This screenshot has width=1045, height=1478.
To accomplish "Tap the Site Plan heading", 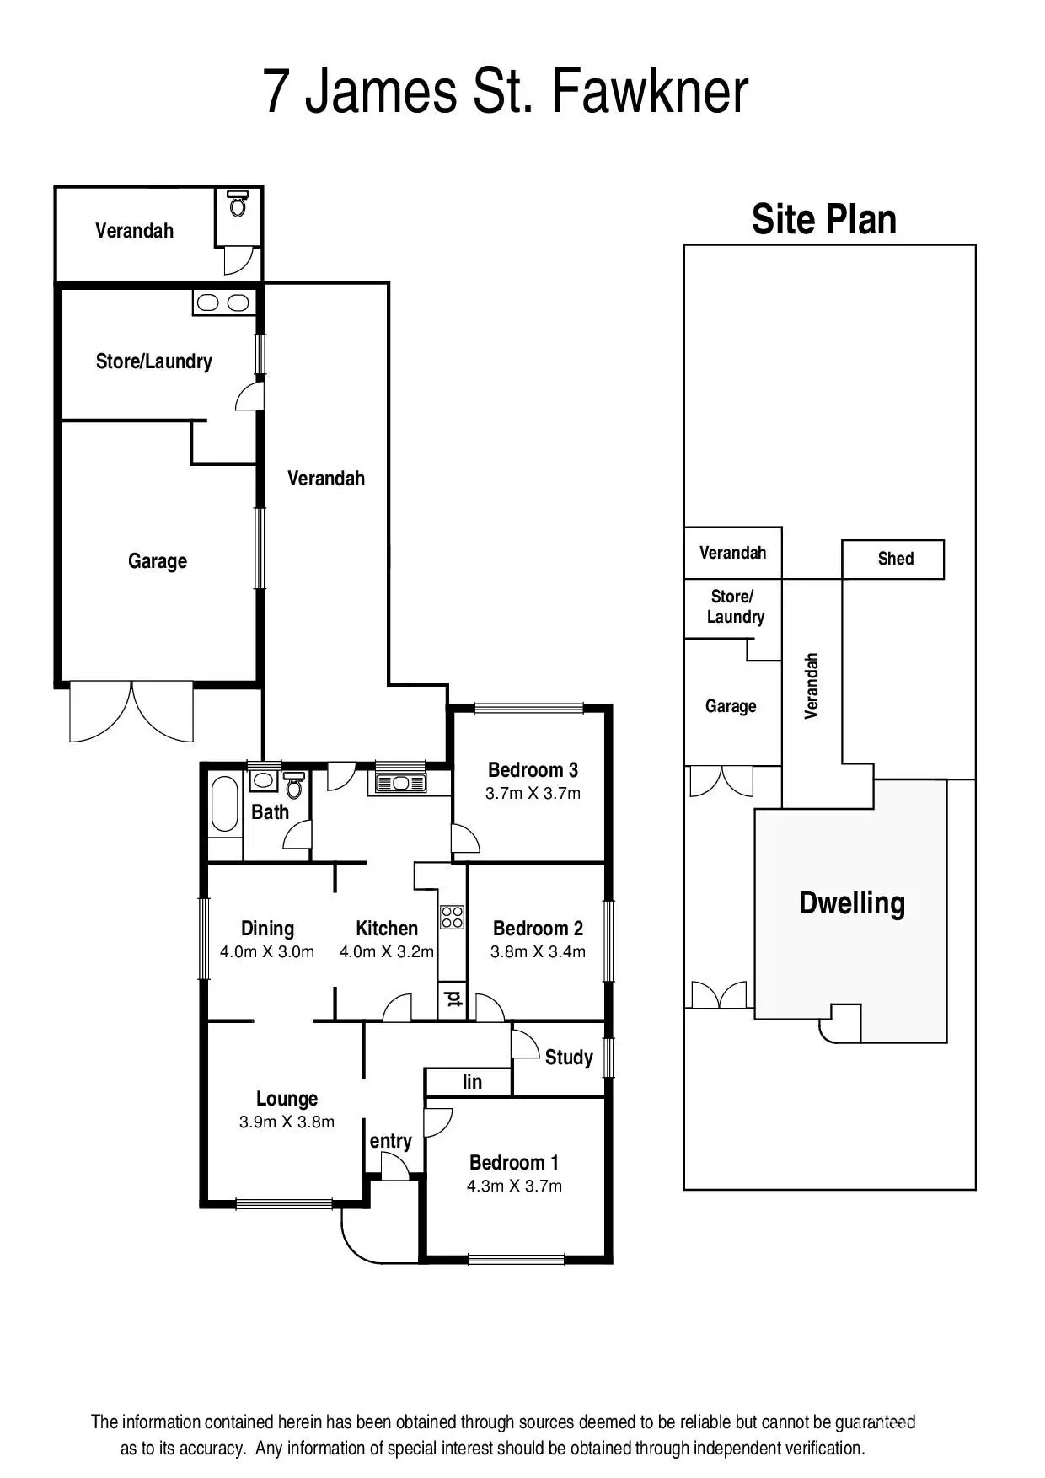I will coord(823,220).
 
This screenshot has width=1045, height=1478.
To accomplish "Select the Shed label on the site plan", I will coord(895,559).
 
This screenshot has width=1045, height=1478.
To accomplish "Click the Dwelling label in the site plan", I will coord(851,902).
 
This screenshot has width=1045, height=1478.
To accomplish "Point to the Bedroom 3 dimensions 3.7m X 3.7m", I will coord(533,794).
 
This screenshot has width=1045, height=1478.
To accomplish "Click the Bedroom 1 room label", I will coord(513,1163).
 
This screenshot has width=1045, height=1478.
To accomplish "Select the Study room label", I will coord(569,1058).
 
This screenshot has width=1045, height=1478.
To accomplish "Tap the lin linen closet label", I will coord(472,1082).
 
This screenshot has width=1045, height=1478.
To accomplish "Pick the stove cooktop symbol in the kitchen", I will coord(453,917).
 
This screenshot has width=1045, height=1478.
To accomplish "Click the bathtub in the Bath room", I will coord(224,804).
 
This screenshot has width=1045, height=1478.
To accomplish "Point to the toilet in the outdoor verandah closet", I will coord(238,203).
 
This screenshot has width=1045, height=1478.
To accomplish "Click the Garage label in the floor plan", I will coord(158,561).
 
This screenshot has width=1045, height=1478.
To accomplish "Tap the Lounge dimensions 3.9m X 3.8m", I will coord(287,1122).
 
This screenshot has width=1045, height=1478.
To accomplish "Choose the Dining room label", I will coord(267,929).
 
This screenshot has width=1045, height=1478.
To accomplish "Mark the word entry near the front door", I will coord(390,1141).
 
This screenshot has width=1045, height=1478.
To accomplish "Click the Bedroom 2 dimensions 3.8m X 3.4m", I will coord(538,952).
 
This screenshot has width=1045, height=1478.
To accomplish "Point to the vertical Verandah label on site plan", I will coord(812,686).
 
